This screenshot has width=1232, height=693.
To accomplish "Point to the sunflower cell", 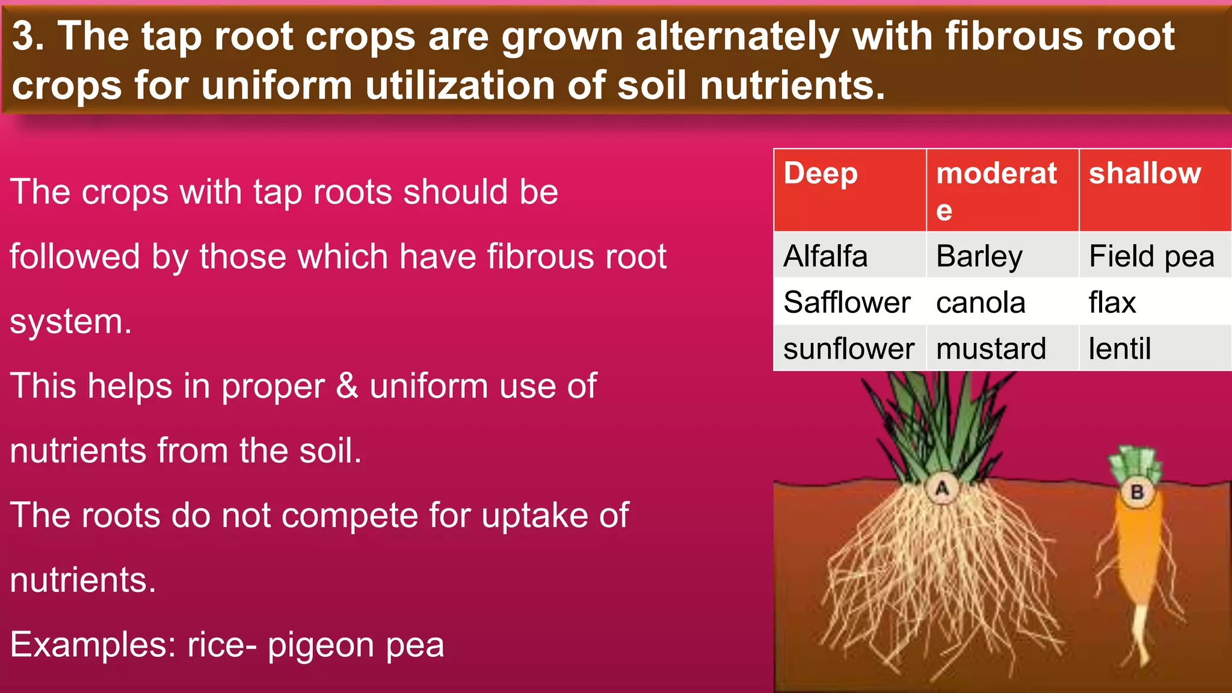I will pos(849,348).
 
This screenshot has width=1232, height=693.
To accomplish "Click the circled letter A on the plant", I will pos(942,488).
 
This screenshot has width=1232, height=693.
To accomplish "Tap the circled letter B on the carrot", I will pos(1137,493).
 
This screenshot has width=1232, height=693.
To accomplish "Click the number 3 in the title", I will pos(24,36).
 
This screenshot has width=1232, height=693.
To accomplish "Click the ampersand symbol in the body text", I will pos(347,386).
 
